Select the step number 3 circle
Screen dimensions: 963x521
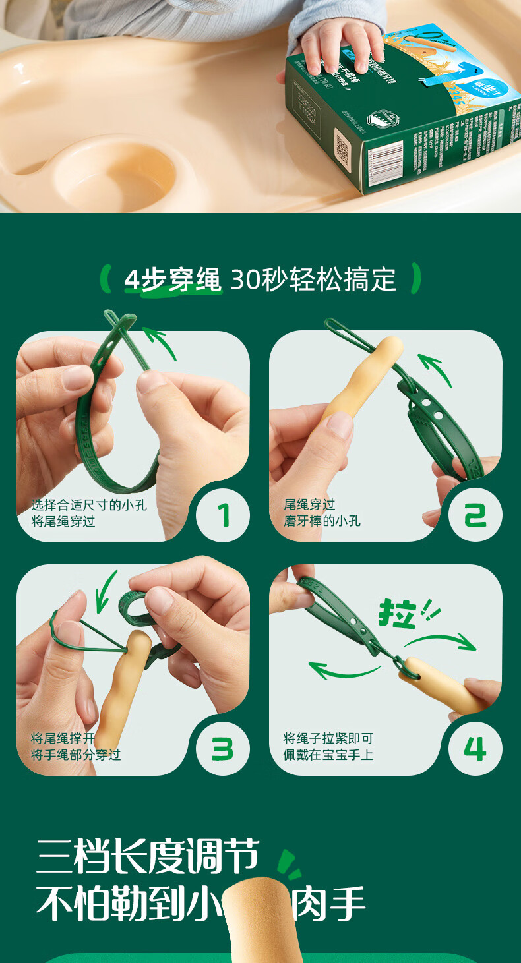coord(223,748)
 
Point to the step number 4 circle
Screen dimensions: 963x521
coord(475,748)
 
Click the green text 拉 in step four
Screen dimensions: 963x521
coord(397,613)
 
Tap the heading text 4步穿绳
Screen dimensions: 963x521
coord(173,280)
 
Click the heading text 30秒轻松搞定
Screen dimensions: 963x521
coord(313,280)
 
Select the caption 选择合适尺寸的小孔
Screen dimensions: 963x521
coord(89,505)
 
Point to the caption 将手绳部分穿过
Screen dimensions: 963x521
coord(76,755)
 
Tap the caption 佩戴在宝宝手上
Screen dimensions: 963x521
coord(328,755)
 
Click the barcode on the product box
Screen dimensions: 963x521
coord(386,163)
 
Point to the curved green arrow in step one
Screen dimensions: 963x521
coord(160,343)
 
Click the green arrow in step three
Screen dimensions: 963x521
coord(106,591)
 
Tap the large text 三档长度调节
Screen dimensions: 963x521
coord(148,857)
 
